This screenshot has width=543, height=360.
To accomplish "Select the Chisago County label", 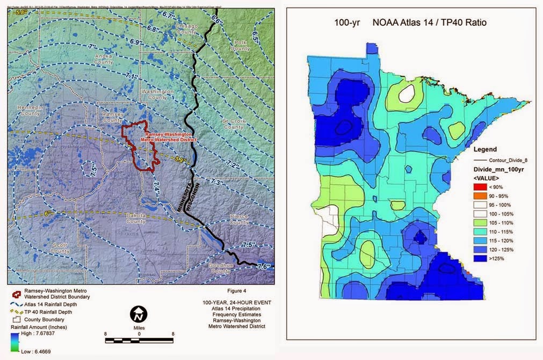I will [x=187, y=29].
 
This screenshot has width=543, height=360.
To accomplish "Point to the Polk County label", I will [x=240, y=46].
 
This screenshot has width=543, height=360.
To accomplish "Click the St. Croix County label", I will [x=234, y=124].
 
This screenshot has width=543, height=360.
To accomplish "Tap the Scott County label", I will [x=60, y=248].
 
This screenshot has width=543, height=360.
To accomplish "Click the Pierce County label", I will [x=238, y=219].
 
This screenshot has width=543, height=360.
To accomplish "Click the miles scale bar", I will [x=139, y=340].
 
